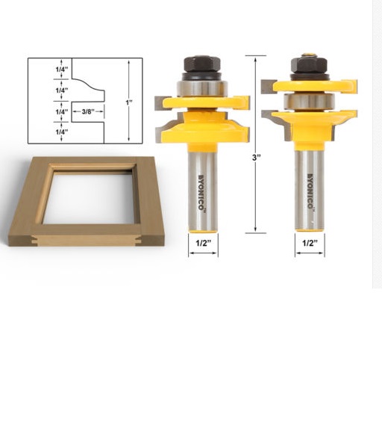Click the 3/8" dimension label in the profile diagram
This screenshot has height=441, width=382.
tap(87, 111)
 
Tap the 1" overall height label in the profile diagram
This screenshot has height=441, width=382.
tap(129, 102)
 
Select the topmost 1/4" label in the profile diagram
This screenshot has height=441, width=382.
tap(62, 69)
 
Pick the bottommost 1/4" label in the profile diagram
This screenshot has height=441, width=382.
tap(62, 132)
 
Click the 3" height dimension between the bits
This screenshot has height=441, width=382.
tap(255, 158)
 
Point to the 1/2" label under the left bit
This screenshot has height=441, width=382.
tap(203, 243)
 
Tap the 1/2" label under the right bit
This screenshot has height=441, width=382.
tap(310, 243)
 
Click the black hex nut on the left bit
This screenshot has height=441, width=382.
tap(201, 64)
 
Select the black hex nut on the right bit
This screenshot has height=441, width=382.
tap(308, 65)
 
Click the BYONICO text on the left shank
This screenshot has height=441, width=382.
tap(202, 193)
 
